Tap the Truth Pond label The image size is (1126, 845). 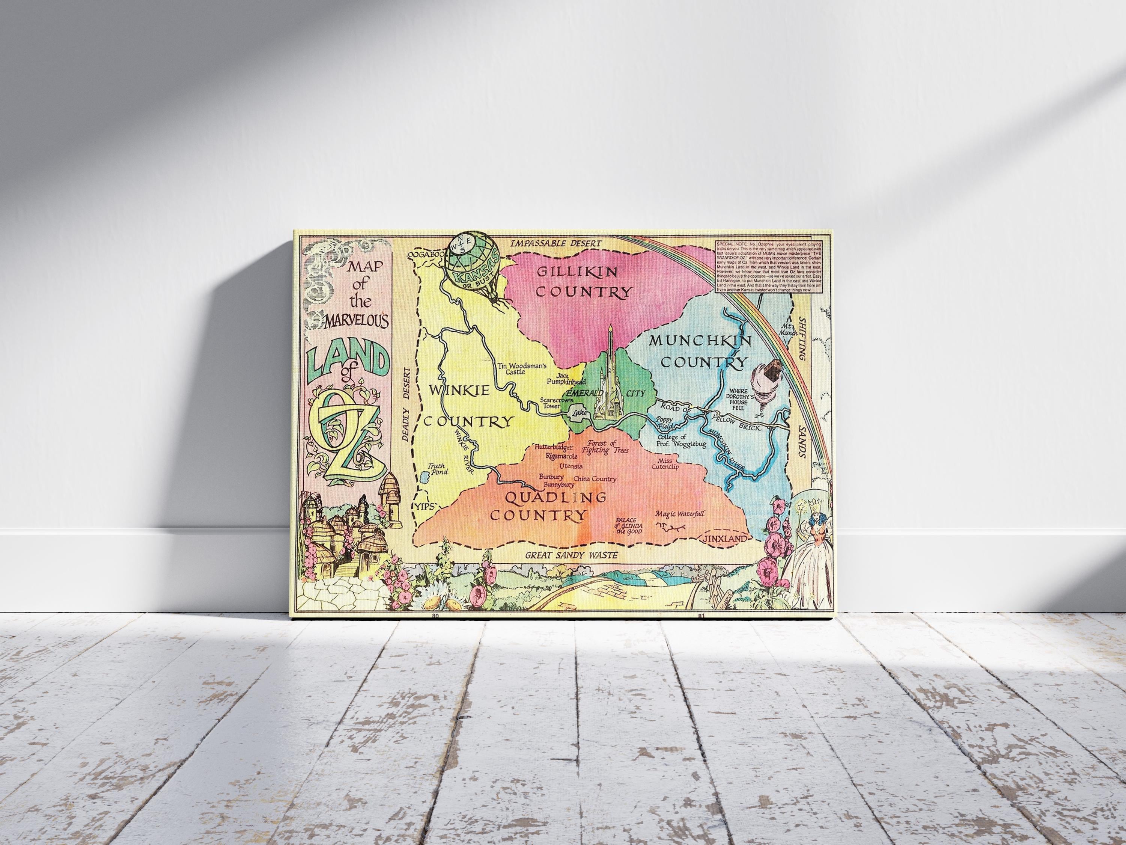tap(437, 469)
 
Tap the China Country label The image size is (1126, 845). tap(595, 479)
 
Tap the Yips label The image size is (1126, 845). tap(426, 506)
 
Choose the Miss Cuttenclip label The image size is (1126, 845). tap(665, 463)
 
